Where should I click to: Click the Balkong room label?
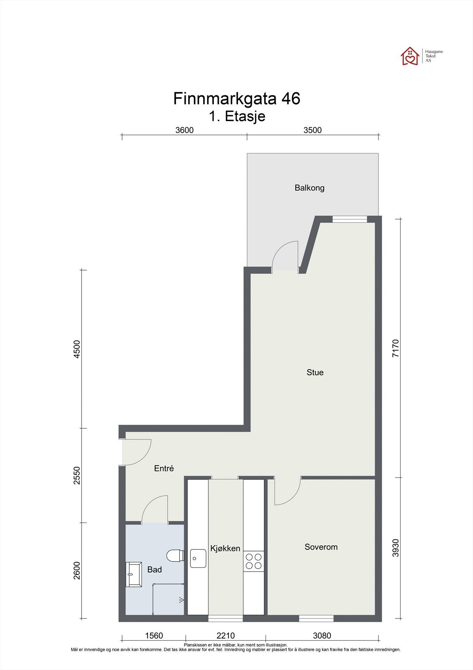pyautogui.click(x=309, y=188)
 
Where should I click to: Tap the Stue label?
pyautogui.click(x=315, y=372)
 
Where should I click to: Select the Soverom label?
pyautogui.click(x=321, y=547)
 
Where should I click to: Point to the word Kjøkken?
pyautogui.click(x=225, y=548)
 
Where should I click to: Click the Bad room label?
pyautogui.click(x=154, y=569)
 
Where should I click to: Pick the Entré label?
pyautogui.click(x=164, y=469)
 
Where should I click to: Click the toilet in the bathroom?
pyautogui.click(x=174, y=556)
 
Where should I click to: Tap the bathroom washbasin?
pyautogui.click(x=134, y=575)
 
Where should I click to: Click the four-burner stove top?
pyautogui.click(x=253, y=561)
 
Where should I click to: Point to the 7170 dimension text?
pyautogui.click(x=396, y=348)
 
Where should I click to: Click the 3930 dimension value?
pyautogui.click(x=396, y=548)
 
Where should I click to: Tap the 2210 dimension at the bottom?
pyautogui.click(x=225, y=636)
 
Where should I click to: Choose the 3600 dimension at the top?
pyautogui.click(x=184, y=130)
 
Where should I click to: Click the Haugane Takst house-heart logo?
pyautogui.click(x=410, y=56)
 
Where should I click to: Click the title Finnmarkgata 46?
pyautogui.click(x=236, y=99)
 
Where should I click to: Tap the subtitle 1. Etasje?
pyautogui.click(x=237, y=116)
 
